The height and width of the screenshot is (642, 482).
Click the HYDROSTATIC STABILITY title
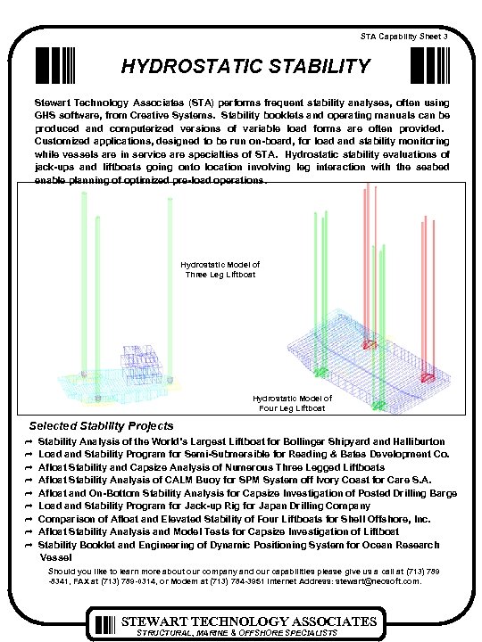tap(245, 66)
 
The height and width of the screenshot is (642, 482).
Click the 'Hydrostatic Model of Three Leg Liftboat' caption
tap(220, 270)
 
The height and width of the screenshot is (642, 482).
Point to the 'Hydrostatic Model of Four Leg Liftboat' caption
tap(292, 404)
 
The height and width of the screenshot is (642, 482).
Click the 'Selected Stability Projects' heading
tap(102, 426)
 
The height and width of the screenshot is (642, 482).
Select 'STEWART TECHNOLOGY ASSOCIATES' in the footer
tap(249, 621)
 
